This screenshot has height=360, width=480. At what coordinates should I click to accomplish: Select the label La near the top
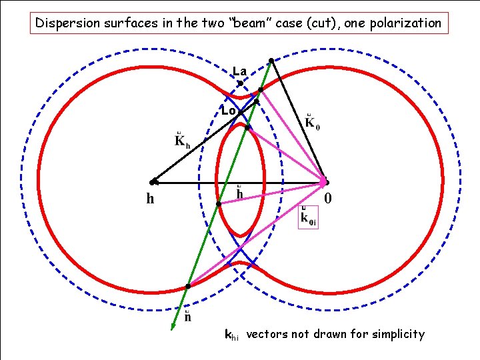(x=239, y=71)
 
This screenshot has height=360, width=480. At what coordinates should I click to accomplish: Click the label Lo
(x=228, y=111)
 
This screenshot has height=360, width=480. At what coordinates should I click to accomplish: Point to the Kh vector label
(x=182, y=141)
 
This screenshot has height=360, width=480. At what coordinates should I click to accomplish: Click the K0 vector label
(x=311, y=123)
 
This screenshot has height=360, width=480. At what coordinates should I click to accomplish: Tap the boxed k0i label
(x=308, y=217)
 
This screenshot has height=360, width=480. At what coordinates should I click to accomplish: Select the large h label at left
(x=151, y=198)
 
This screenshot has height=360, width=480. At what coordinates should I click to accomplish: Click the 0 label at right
(x=328, y=199)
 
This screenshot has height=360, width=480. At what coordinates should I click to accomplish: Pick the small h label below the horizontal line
(x=240, y=193)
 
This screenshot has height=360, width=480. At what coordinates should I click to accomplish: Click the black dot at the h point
(x=153, y=181)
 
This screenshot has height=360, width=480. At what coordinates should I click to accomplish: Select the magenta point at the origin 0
(x=324, y=181)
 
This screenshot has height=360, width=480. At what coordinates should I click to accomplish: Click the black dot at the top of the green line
(x=271, y=61)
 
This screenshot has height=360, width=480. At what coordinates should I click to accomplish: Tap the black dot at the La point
(x=240, y=83)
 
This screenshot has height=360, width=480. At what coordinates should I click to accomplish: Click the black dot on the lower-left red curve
(x=188, y=286)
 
